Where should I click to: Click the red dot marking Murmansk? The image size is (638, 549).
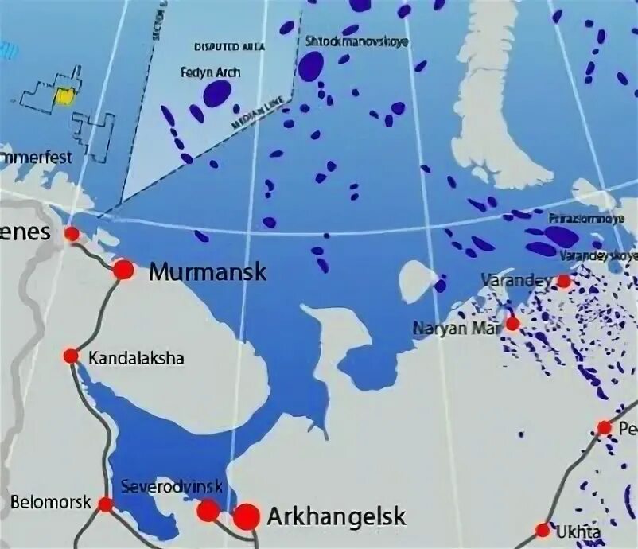[x=123, y=270]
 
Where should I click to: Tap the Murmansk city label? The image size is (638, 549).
[x=208, y=272]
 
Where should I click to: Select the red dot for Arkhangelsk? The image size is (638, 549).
[x=247, y=516]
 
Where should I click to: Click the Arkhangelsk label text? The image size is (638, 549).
[x=336, y=516]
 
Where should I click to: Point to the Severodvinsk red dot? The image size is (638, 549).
[x=208, y=510]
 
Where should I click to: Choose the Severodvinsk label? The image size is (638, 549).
[x=171, y=486]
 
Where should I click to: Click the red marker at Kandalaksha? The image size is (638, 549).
[x=72, y=356]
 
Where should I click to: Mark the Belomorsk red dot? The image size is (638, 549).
[x=106, y=503]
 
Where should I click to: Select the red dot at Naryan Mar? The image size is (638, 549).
[x=513, y=324]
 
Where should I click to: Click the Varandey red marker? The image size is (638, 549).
[x=563, y=281]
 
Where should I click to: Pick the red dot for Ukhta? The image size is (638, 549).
[x=543, y=529]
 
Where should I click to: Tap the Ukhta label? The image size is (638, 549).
[x=580, y=531]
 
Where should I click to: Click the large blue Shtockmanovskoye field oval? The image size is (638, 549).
[x=310, y=66]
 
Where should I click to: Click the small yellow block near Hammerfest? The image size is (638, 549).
[x=64, y=96]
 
